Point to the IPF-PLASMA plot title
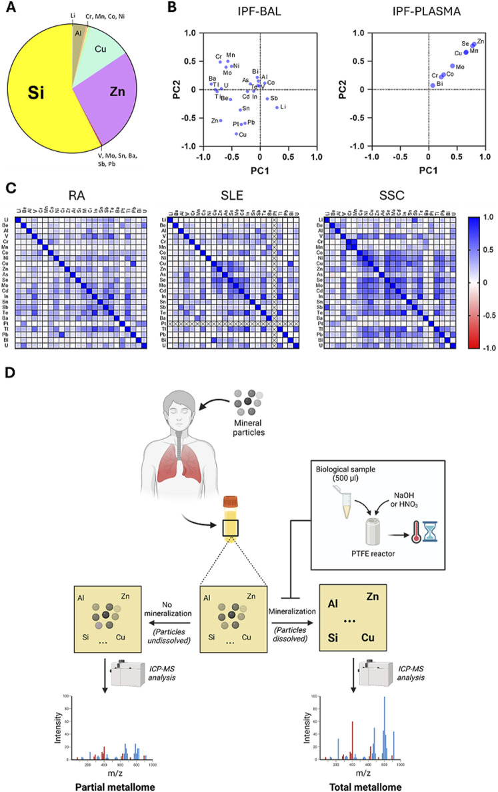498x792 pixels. pos(427,13)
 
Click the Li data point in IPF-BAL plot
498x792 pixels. pos(277,107)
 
